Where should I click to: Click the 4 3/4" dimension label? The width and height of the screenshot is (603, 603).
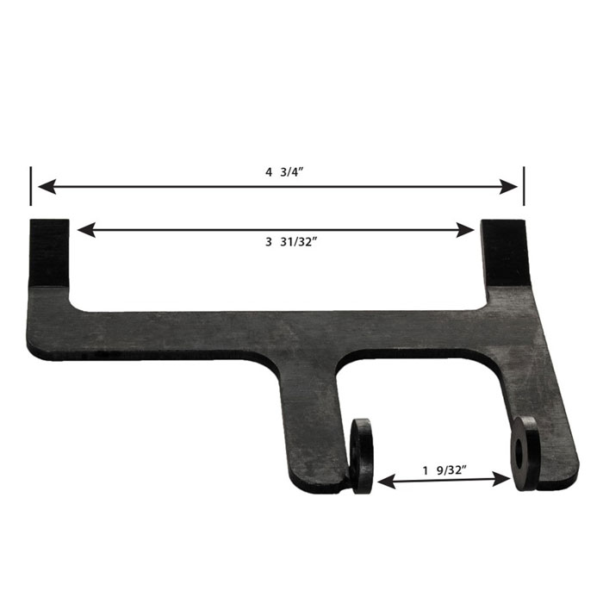pos(284,172)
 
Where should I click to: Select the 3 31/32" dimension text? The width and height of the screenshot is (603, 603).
pos(291,242)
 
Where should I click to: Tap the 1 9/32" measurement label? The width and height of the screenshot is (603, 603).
pos(444,470)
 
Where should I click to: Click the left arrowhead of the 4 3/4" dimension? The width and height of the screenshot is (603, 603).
pos(47,187)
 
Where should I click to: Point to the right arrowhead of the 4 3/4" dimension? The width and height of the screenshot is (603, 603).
pos(508,187)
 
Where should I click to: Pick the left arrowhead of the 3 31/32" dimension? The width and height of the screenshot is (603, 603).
pos(86,230)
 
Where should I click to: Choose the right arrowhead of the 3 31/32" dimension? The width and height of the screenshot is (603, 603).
pos(465,230)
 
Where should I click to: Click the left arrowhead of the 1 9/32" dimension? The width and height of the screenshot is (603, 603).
pos(387,482)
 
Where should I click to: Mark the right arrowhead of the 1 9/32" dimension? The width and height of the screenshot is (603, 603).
pos(501,480)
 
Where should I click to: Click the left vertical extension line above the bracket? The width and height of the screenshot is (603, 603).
pos(31,186)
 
